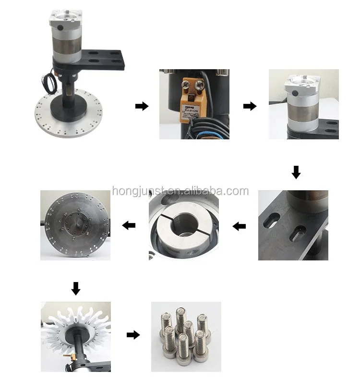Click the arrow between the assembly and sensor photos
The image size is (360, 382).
click(142, 106)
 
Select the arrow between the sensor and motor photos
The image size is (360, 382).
click(250, 106)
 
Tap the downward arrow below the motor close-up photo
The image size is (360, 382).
click(296, 172)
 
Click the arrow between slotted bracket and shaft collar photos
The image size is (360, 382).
click(239, 225)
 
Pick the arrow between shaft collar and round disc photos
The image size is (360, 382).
click(129, 225)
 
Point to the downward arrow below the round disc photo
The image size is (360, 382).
click(75, 288)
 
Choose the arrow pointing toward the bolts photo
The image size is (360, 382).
click(133, 335)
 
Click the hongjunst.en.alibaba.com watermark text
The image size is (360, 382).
click(180, 191)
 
